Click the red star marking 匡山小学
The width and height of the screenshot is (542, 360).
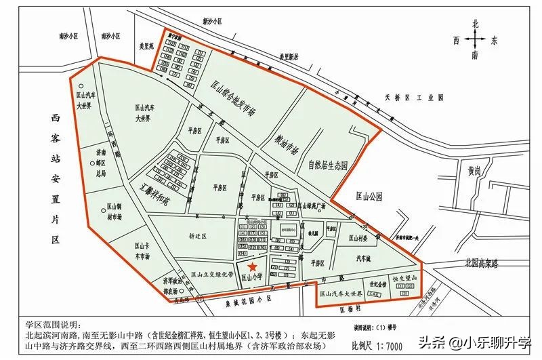(x=252, y=268)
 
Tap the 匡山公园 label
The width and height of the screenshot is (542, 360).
(x=369, y=196)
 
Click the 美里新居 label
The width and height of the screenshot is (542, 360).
(x=284, y=57)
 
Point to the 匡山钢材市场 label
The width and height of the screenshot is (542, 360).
(x=114, y=214)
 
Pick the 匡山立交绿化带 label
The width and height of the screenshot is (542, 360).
(x=212, y=275)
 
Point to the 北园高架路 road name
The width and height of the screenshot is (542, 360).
(x=476, y=261)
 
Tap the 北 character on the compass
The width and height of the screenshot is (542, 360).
(x=476, y=24)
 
